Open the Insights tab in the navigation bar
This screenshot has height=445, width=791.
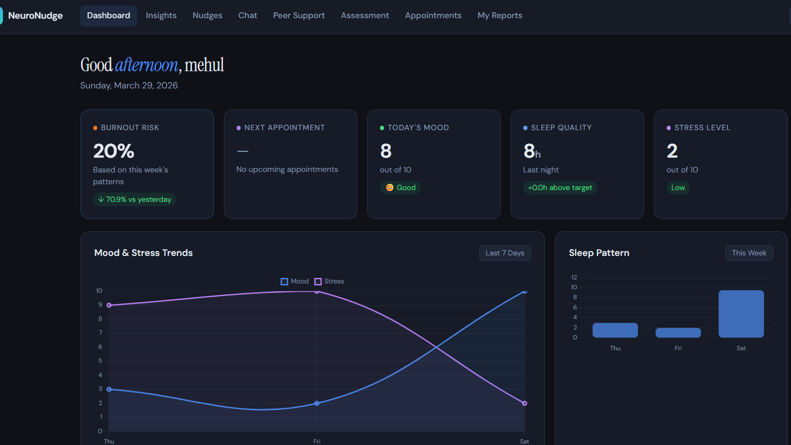161,16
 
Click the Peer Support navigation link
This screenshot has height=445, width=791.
299,16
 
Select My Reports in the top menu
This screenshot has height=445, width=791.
500,16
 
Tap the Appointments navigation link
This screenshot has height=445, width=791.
433,16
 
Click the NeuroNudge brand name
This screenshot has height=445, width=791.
35,16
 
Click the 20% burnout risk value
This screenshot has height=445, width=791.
114,151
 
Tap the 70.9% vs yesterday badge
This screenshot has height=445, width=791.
135,199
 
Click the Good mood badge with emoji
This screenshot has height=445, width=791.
401,188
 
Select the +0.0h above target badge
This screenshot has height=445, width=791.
560,188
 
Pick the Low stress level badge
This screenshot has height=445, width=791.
678,188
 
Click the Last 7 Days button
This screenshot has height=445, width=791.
505,253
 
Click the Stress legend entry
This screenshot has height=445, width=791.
329,281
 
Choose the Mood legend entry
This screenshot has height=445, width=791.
295,281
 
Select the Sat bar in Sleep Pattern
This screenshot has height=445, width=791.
741,314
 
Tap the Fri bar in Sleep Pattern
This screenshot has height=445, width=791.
678,333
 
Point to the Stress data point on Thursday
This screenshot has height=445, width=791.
109,305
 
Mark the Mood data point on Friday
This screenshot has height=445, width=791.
317,403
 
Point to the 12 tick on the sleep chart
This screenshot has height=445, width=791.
574,277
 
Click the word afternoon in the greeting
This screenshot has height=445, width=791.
146,65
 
